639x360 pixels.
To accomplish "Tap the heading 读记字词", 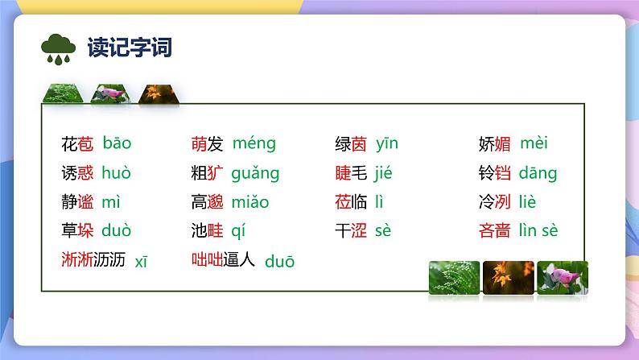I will (x=125, y=48).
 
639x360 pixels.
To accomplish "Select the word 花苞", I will (x=77, y=144).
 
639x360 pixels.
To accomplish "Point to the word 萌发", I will (x=207, y=144).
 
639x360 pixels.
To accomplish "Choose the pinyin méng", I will (x=254, y=144).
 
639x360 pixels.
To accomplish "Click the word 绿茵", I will (x=351, y=144).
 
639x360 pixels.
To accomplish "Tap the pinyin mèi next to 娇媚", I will (x=534, y=144).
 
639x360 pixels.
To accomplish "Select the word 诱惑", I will (x=77, y=173).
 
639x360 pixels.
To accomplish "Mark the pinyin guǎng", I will (x=255, y=173).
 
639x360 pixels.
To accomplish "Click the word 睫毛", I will (x=351, y=173).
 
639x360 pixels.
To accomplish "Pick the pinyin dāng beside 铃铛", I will (x=538, y=173).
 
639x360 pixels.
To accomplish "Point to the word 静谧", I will (x=77, y=202).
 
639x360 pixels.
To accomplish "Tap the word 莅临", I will (x=351, y=202).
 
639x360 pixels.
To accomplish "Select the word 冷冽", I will (x=495, y=202).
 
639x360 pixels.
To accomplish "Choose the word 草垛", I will (x=77, y=231).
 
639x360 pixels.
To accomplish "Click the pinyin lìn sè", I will (x=538, y=231).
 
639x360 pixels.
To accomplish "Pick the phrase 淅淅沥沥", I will (x=93, y=259).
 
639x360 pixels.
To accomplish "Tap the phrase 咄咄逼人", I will (x=223, y=259).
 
